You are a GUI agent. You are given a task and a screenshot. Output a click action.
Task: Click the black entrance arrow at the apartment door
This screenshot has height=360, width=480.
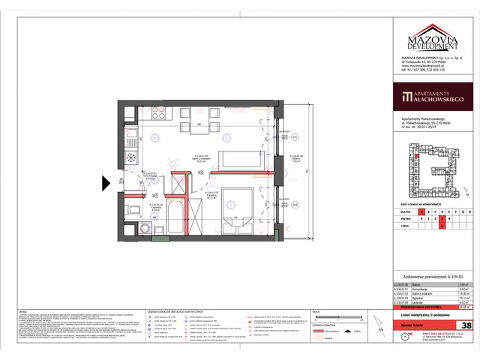(x=107, y=181)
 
